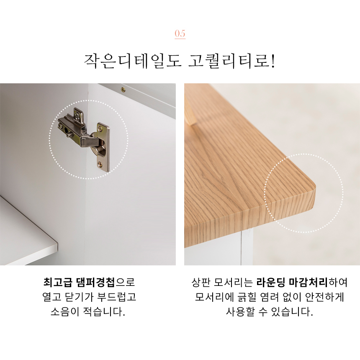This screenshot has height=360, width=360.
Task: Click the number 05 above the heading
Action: [x=180, y=33]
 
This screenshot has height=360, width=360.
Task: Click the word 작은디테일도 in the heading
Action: [x=133, y=62]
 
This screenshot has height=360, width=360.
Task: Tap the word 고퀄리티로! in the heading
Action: [x=231, y=62]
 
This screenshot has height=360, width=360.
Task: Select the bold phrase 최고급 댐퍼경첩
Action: [x=79, y=282]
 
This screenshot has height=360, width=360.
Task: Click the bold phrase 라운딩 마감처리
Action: [x=292, y=282]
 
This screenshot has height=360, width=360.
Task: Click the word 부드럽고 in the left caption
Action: [x=117, y=297]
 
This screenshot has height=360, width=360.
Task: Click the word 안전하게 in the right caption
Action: [x=324, y=297]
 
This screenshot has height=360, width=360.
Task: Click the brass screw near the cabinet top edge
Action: [x=123, y=89]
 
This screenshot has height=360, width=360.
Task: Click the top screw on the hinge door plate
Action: [x=100, y=129]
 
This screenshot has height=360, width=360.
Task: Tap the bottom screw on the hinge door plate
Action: [x=100, y=164]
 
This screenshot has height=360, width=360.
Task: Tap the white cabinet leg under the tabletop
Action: [x=247, y=247]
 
